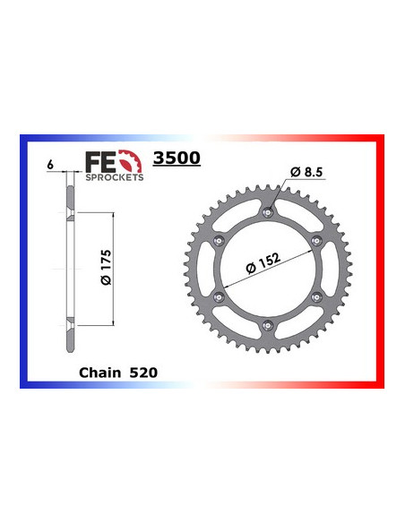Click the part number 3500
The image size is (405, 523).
point(177,159)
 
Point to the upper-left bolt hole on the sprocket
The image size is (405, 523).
point(220,240)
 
